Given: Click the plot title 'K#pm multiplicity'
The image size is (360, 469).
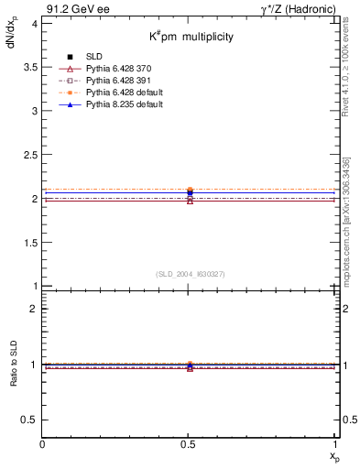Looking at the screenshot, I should pyautogui.click(x=192, y=37).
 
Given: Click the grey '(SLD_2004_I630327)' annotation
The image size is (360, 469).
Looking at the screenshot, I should pyautogui.click(x=190, y=274).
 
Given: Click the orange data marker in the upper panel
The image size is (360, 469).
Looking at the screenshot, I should pyautogui.click(x=190, y=190).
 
